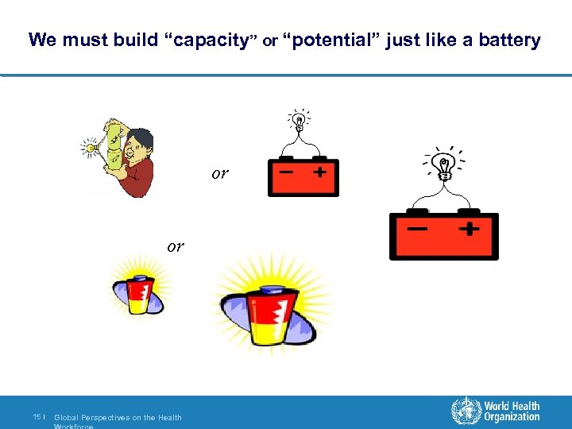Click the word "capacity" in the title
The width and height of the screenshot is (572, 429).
tap(211, 40)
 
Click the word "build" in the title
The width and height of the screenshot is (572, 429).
tap(136, 40)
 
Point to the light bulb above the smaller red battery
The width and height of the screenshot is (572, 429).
tap(300, 122)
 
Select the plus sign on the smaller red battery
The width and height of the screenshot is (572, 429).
tap(321, 171)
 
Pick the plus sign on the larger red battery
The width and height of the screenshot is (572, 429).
tap(469, 229)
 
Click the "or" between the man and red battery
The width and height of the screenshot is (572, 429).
tap(219, 173)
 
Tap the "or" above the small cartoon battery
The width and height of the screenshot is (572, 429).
tap(175, 246)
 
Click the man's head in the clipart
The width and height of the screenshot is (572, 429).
tap(139, 142)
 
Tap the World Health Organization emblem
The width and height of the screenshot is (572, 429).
tap(466, 411)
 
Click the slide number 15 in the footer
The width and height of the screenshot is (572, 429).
tap(37, 417)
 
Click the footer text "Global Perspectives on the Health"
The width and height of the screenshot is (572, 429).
tap(118, 418)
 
